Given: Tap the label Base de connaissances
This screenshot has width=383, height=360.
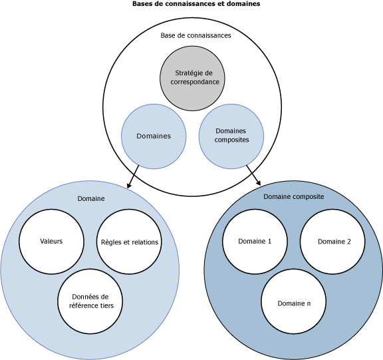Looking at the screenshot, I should tap(195, 35).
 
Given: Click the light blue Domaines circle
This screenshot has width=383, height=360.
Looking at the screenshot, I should tap(153, 136).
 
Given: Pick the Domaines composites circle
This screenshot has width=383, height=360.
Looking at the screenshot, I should tap(232, 136).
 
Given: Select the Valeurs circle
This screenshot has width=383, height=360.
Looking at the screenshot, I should tap(51, 241).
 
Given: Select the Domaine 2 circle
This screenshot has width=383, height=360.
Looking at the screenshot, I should tap(334, 241).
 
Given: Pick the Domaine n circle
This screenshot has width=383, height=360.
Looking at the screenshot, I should tap(293, 303).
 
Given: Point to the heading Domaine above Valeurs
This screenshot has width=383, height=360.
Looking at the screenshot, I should tap(90, 198).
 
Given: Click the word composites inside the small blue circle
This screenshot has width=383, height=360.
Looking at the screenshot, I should tap(232, 140).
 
